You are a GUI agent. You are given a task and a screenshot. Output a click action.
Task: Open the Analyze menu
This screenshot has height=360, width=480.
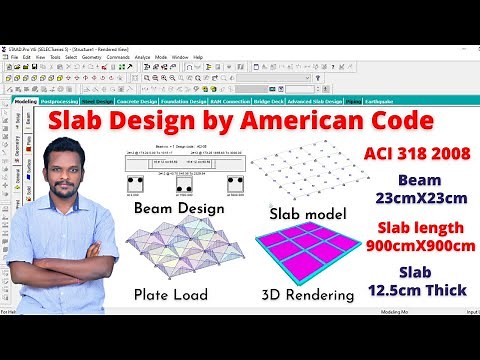(144, 57)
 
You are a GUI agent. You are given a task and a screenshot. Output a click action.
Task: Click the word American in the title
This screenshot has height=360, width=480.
(309, 121)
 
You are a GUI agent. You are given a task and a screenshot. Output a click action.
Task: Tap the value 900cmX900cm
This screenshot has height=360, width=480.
(412, 245)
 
